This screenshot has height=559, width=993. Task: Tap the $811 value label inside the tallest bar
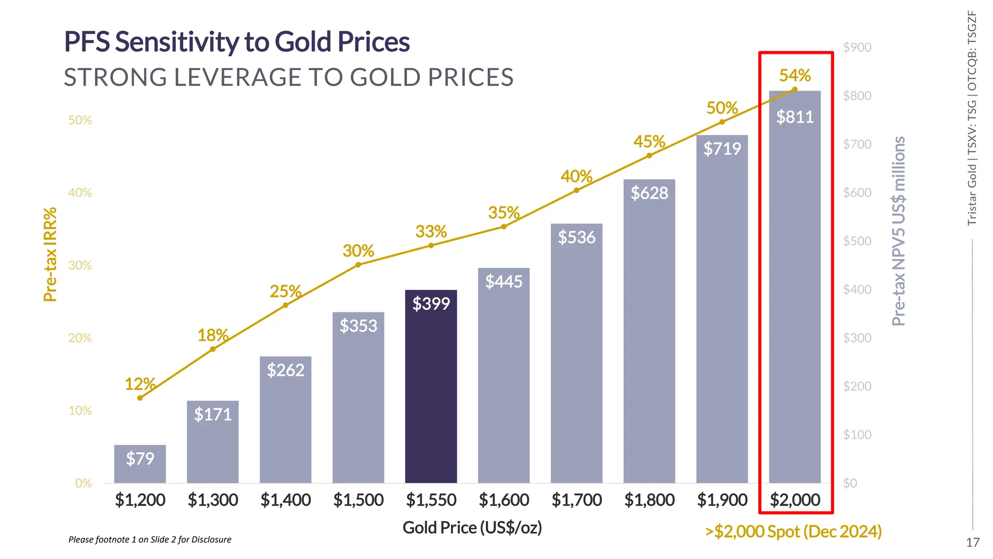[795, 117]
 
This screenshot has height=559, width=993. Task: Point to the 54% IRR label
[795, 75]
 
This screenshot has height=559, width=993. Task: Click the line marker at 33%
[431, 246]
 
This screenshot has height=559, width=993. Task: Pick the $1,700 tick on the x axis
[577, 500]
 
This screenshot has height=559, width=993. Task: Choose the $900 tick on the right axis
[857, 48]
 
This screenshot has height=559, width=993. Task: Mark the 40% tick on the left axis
[80, 193]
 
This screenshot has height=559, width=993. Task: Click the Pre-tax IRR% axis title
[50, 255]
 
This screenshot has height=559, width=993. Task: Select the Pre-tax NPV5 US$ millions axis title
[898, 231]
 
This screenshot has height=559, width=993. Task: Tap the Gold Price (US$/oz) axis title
[472, 527]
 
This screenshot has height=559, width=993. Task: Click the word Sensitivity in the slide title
[176, 42]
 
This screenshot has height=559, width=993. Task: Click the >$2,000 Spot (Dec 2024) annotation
[793, 531]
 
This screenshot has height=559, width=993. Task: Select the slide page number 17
[972, 543]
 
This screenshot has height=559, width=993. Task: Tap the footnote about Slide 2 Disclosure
[150, 540]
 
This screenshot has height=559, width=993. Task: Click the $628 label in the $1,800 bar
[649, 193]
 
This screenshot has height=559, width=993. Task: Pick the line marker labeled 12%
[140, 398]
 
